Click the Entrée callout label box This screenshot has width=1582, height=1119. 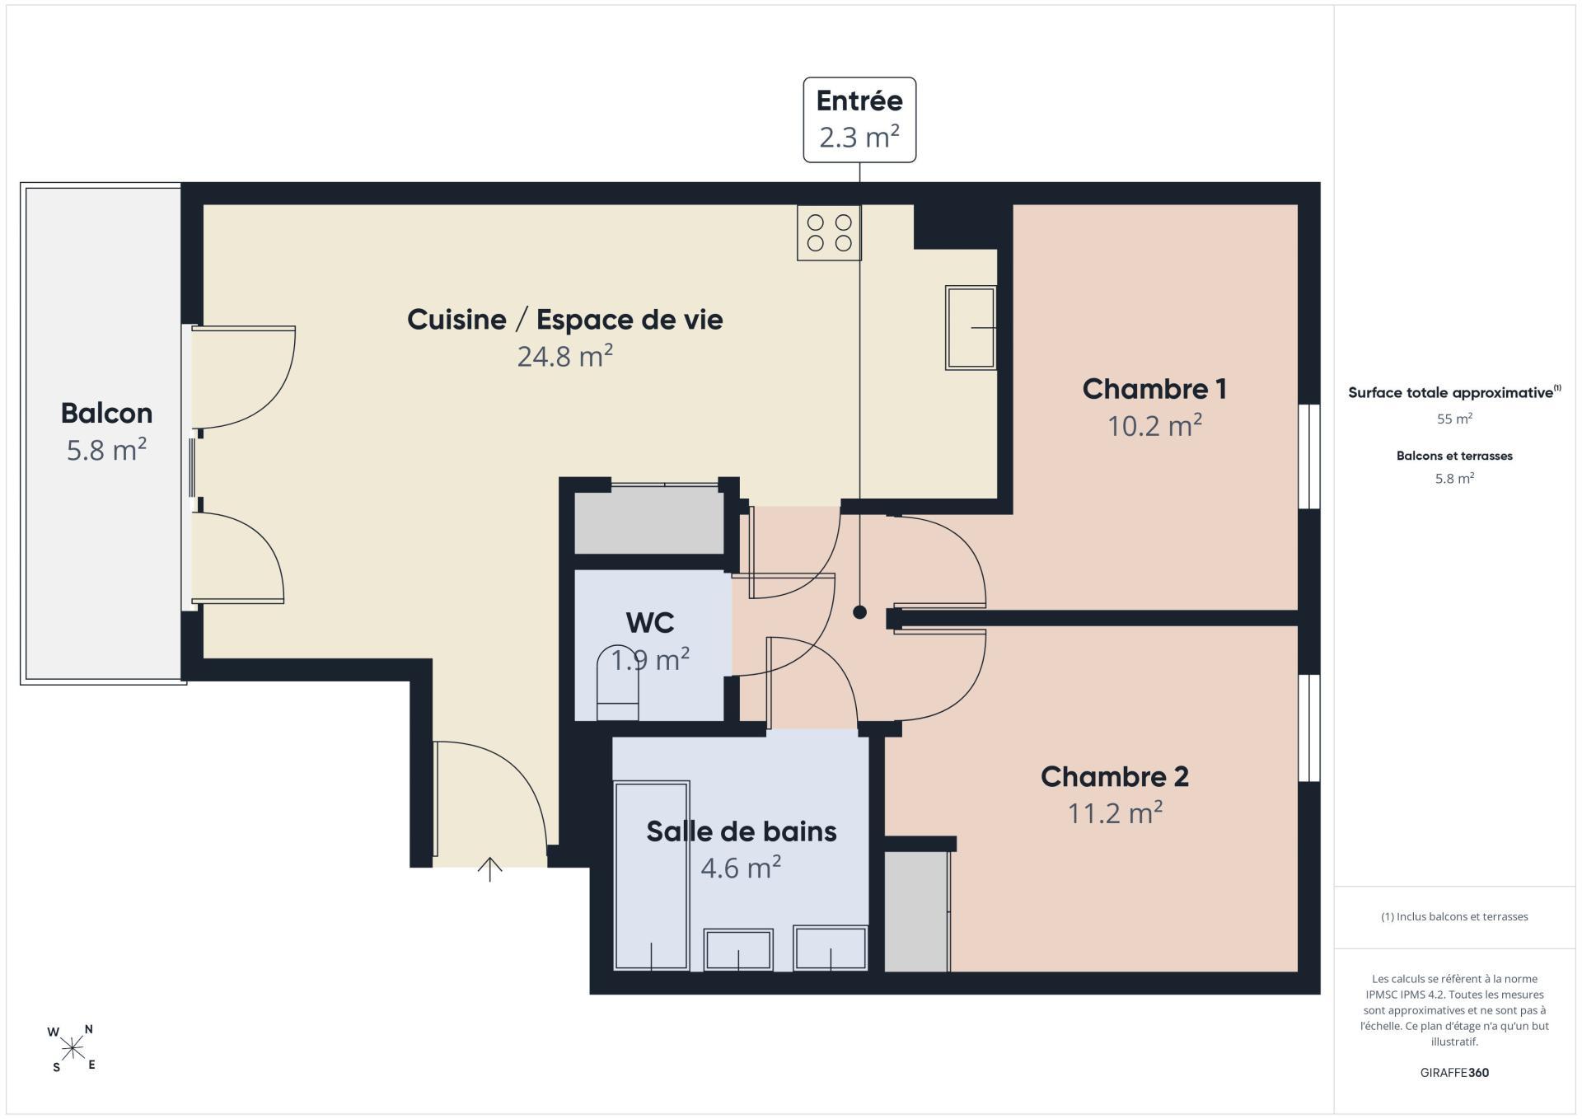(x=859, y=119)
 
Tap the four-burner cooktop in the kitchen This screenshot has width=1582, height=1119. (x=829, y=232)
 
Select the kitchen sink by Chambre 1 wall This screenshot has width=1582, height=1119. (x=971, y=327)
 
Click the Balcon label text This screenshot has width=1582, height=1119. (x=106, y=413)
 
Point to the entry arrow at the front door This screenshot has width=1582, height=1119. (x=490, y=869)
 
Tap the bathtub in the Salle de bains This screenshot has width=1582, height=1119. (x=651, y=875)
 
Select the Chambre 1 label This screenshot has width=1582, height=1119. (x=1154, y=389)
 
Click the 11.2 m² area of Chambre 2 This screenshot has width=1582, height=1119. (x=1115, y=813)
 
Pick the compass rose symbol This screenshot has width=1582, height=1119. (x=73, y=1048)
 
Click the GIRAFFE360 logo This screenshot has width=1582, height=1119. (x=1454, y=1073)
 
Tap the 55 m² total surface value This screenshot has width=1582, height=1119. (x=1454, y=419)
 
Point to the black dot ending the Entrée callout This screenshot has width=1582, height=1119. (x=859, y=612)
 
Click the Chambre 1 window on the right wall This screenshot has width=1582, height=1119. (x=1309, y=456)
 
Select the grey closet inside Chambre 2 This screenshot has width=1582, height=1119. (x=916, y=911)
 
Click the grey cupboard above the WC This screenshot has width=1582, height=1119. (x=649, y=520)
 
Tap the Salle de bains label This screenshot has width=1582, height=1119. (x=741, y=831)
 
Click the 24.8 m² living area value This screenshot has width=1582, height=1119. (x=565, y=356)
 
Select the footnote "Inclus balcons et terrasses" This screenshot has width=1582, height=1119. (x=1454, y=916)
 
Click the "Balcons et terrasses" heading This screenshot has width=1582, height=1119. (x=1454, y=456)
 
